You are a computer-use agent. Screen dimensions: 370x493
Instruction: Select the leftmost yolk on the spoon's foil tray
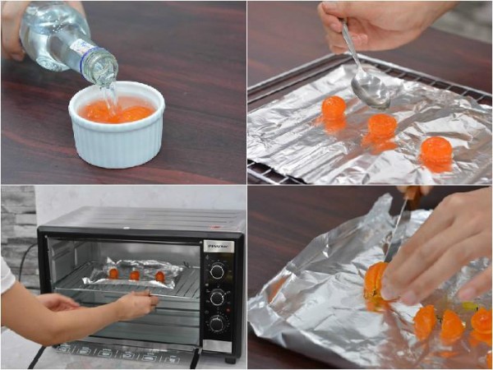pos(334,108)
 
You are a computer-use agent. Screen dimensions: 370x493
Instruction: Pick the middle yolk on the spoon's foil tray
pos(381,126)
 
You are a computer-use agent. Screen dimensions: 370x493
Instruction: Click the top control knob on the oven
pos(217,271)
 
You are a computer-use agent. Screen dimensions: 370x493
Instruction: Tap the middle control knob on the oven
pos(217,298)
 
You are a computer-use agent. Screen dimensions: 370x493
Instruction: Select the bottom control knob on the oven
pos(217,324)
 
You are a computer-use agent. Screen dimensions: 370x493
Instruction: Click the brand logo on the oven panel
pos(218,246)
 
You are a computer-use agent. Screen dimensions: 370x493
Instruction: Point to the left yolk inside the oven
pos(113,273)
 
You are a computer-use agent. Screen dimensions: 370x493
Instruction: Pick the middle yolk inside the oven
pos(135,275)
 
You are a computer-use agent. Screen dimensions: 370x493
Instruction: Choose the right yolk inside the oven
pos(159,275)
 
